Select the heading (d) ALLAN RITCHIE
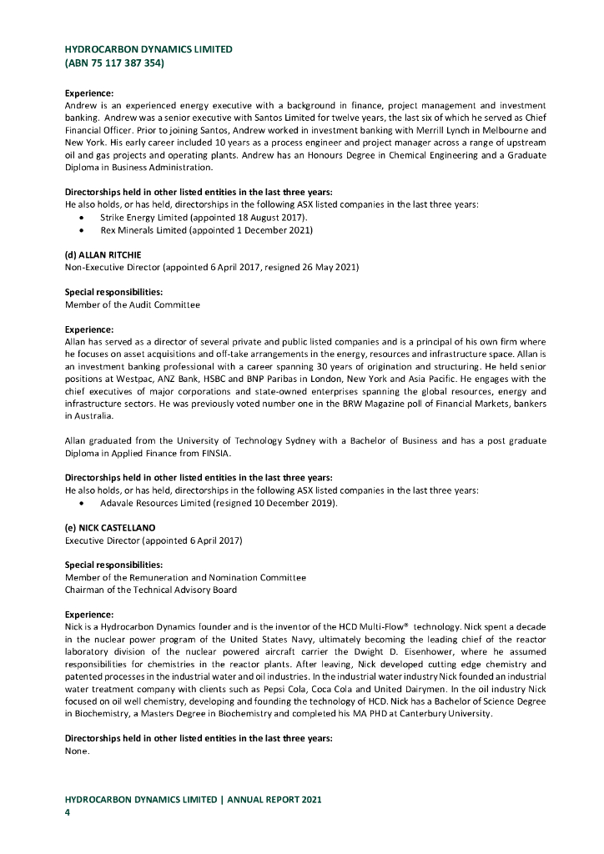[x=103, y=254]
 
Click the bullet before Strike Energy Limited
[x=80, y=218]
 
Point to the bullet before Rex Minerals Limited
[x=80, y=229]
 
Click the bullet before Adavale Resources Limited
[x=80, y=504]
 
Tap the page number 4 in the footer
[x=68, y=811]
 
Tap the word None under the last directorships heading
[x=76, y=751]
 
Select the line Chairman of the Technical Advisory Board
[x=151, y=590]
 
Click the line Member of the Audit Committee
[x=133, y=304]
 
